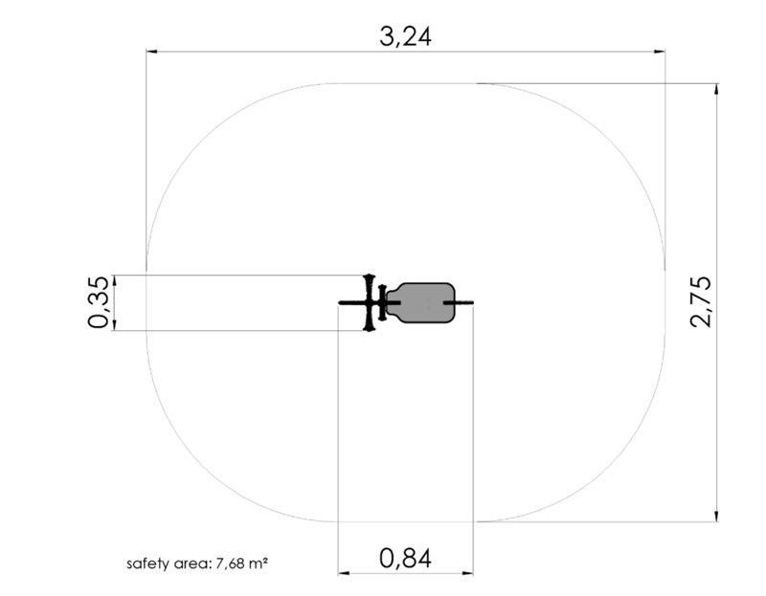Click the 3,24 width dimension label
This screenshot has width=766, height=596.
click(405, 36)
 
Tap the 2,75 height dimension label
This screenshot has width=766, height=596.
click(701, 301)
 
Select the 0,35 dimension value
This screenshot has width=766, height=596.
click(98, 302)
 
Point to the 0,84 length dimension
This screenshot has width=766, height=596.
click(405, 559)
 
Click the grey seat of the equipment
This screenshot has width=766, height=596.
click(421, 302)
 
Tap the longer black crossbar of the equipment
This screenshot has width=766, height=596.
click(370, 303)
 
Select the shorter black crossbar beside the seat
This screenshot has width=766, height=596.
click(382, 302)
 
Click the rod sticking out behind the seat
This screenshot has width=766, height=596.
click(459, 303)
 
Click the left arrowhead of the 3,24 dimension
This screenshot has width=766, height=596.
click(151, 51)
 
